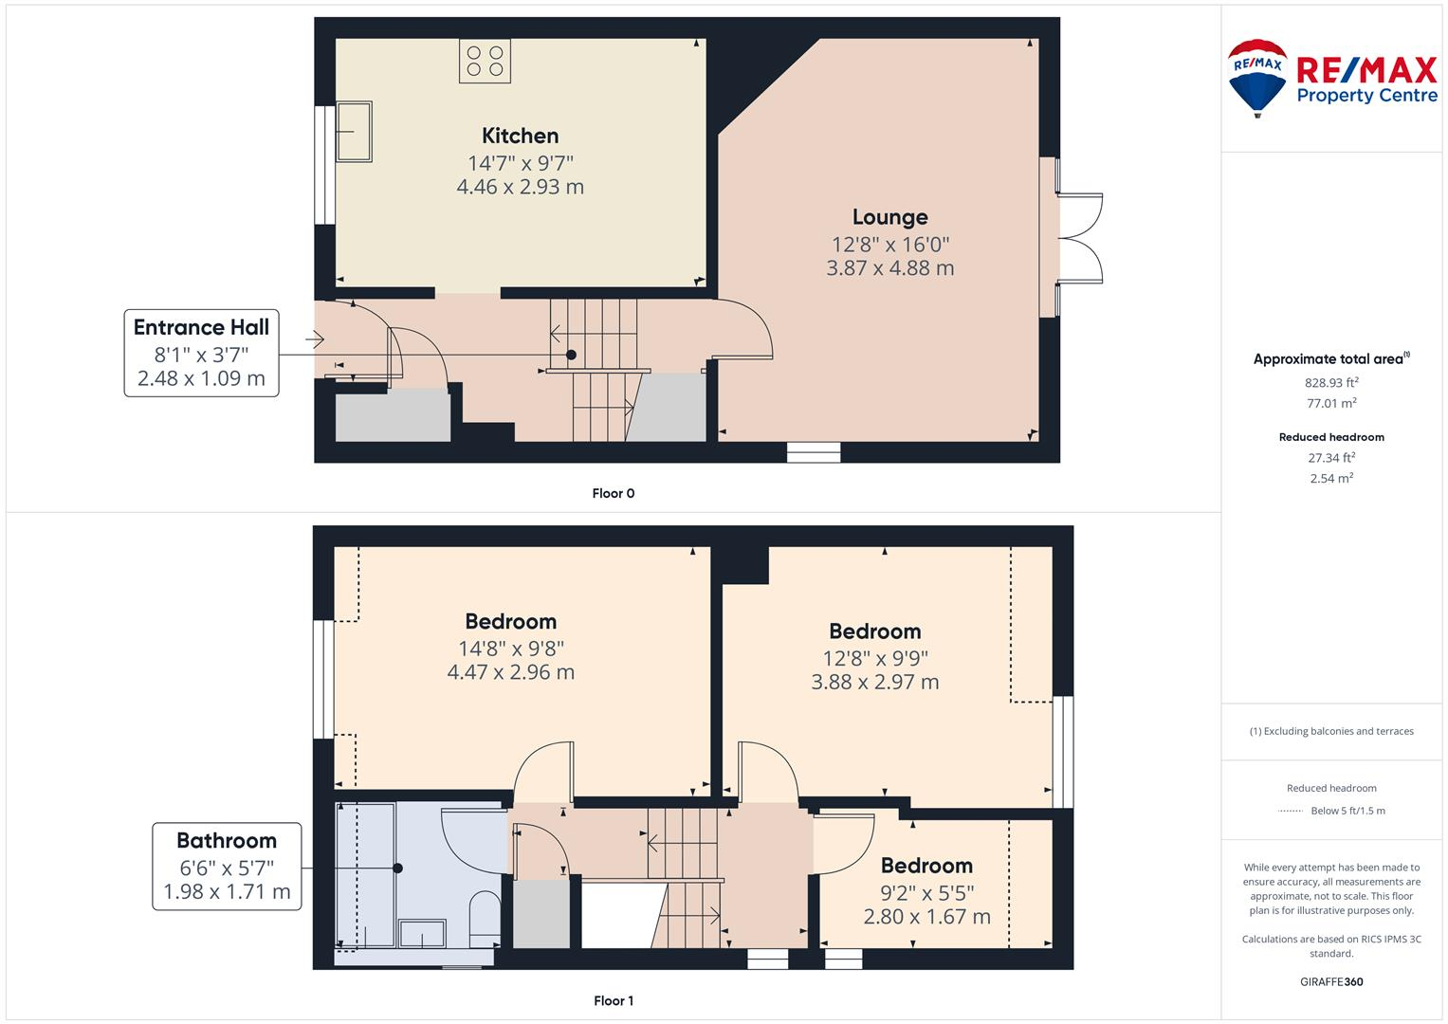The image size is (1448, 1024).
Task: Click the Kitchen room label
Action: [520, 136]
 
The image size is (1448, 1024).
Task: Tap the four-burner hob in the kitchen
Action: [485, 61]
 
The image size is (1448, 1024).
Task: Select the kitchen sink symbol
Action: [354, 132]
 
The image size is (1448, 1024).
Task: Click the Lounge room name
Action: [889, 217]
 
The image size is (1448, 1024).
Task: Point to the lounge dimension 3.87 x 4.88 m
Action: [889, 268]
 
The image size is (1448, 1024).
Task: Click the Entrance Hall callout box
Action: [201, 353]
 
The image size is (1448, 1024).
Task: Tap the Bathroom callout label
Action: [227, 841]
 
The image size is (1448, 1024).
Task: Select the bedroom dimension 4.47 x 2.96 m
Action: [510, 672]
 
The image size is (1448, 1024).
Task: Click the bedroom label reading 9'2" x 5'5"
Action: [926, 892]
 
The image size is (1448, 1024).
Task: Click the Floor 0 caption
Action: [613, 493]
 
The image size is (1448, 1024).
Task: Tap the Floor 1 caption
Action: [613, 1000]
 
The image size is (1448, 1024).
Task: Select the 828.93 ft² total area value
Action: [1331, 383]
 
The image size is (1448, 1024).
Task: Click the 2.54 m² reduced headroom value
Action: [1331, 478]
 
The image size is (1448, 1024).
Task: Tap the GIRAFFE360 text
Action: [1331, 981]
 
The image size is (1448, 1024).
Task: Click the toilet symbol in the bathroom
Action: [486, 917]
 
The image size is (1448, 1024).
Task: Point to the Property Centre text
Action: [1366, 95]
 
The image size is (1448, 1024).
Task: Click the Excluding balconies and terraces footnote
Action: [1331, 731]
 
